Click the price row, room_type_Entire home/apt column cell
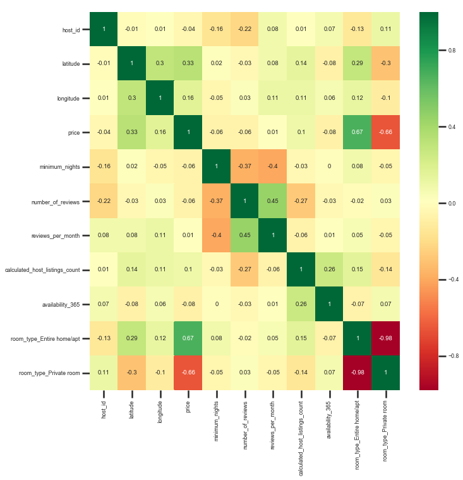(x=357, y=132)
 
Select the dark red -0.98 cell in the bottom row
(x=357, y=373)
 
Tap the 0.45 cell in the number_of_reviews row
(x=272, y=201)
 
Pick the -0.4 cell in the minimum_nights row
(x=272, y=166)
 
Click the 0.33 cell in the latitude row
(x=188, y=63)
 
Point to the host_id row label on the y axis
(x=71, y=30)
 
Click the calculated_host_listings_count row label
(x=42, y=270)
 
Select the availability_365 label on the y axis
(x=61, y=305)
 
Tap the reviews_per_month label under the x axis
(x=272, y=426)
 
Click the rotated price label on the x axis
(x=188, y=407)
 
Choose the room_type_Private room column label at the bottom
(x=385, y=431)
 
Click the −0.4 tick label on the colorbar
(x=454, y=280)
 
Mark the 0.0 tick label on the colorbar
(x=452, y=203)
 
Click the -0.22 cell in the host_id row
(x=244, y=29)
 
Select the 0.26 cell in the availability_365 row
(x=301, y=304)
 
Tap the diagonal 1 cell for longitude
(x=160, y=98)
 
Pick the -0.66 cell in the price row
(x=386, y=132)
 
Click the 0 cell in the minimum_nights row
(x=329, y=166)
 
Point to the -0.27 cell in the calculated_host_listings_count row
(x=244, y=269)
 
